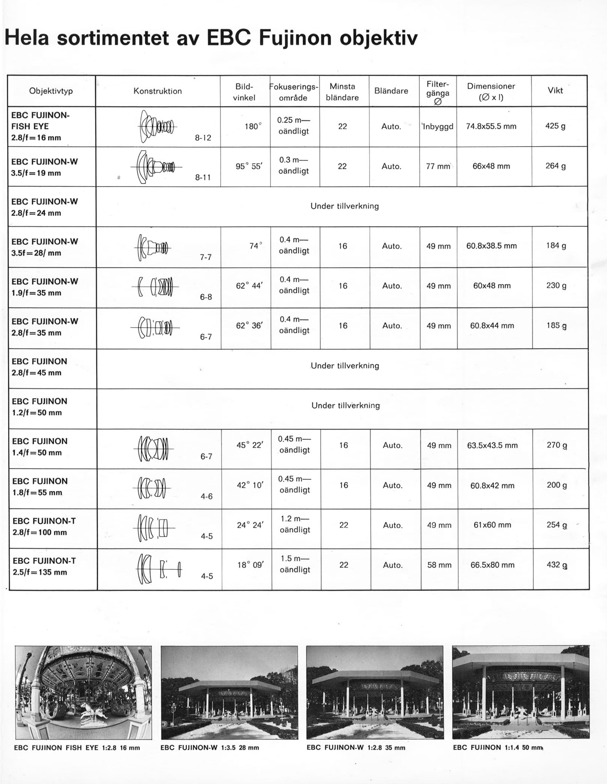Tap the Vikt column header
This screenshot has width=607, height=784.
(555, 91)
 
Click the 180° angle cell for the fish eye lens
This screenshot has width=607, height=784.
(253, 126)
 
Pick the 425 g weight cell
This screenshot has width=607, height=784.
(555, 126)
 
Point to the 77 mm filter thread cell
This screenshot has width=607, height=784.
(438, 166)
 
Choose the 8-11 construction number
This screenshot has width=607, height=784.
(203, 177)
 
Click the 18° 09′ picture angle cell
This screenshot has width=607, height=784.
(250, 565)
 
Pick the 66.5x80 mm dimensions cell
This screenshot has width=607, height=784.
(492, 565)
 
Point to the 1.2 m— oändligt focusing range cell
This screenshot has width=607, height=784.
(294, 524)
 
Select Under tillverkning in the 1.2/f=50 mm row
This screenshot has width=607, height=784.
(345, 406)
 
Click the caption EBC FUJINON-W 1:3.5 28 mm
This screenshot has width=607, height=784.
(210, 748)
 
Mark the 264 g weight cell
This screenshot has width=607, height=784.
(555, 166)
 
